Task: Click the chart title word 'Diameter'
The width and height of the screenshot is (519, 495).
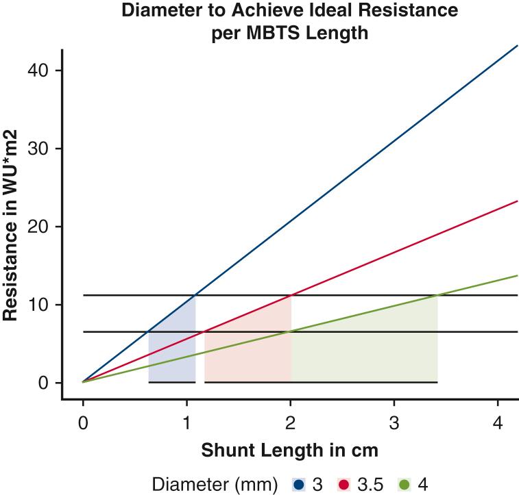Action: click(x=159, y=12)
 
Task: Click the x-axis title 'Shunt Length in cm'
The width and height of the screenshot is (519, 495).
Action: click(x=289, y=451)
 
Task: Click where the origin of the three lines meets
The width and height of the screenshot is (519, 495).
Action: click(x=83, y=382)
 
